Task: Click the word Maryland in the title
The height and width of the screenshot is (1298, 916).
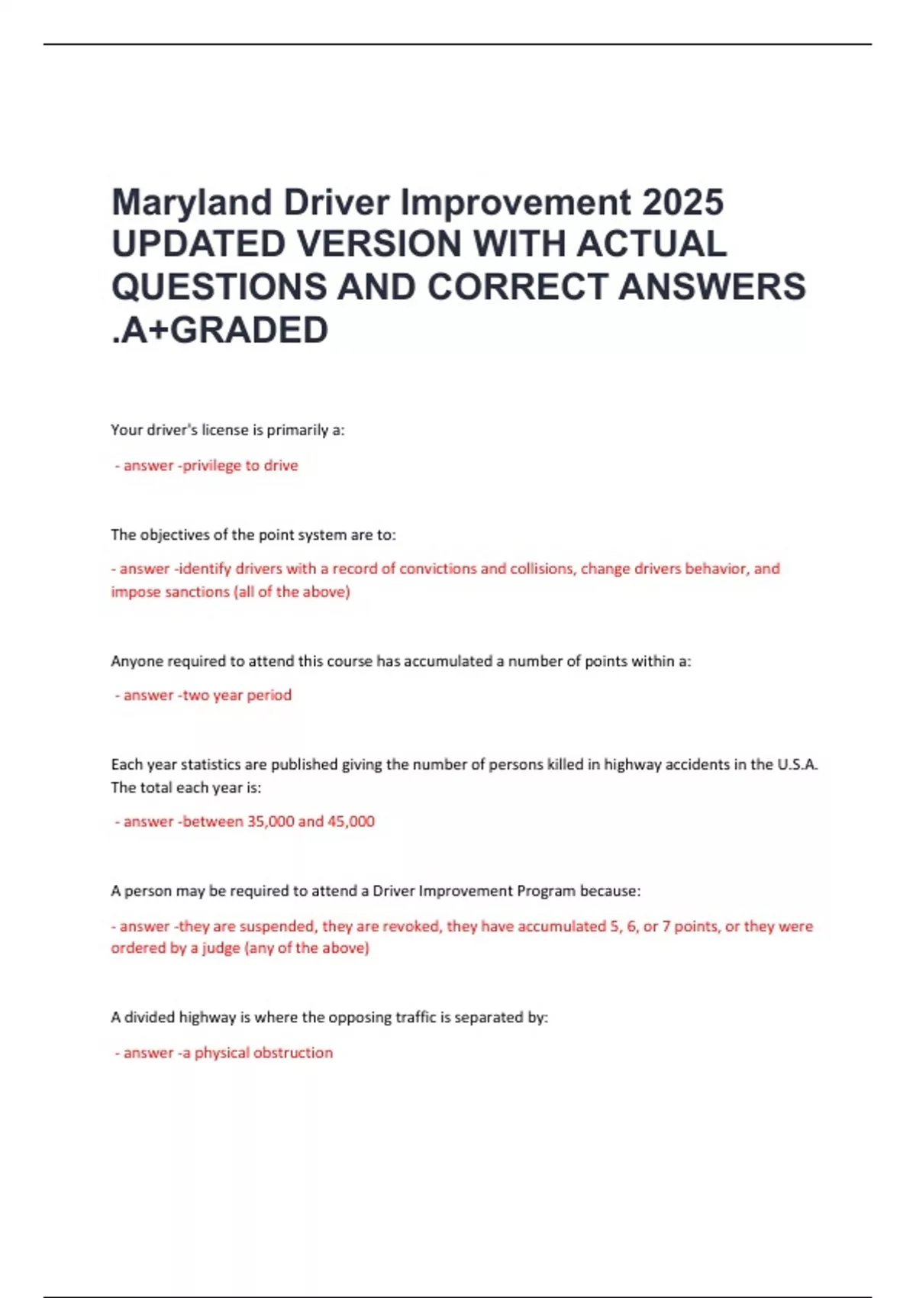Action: point(192,203)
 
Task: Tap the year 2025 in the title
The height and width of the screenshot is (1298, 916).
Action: point(682,203)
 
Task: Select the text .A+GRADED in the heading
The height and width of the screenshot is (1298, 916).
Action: point(220,330)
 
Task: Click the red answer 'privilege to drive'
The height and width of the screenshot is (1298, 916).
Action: point(240,466)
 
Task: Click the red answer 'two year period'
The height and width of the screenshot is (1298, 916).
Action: point(237,695)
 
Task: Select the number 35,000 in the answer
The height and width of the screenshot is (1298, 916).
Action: point(270,822)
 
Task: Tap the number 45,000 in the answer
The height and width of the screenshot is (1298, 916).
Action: point(350,822)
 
